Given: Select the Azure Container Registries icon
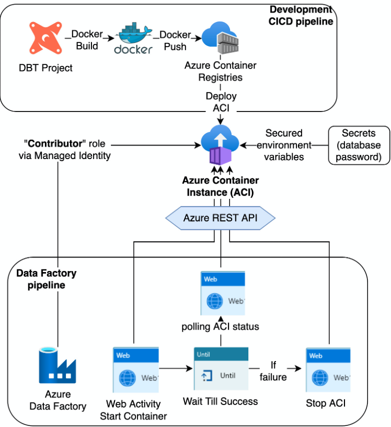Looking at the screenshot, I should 220,39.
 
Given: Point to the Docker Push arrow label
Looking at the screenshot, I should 175,40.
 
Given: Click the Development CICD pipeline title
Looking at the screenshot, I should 301,15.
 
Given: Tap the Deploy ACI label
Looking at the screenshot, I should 221,102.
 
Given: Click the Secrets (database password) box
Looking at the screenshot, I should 358,145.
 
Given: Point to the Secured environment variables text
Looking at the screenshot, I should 284,145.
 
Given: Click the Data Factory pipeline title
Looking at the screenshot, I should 46,279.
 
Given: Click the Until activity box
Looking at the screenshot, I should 221,369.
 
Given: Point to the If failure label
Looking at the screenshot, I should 273,370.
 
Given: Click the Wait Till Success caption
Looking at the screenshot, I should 220,401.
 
